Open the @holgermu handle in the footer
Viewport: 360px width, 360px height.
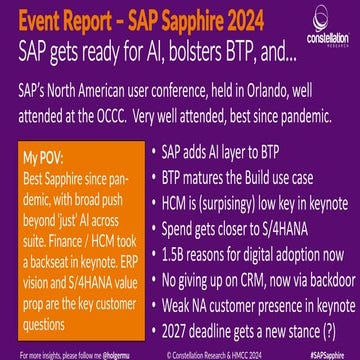pyautogui.click(x=105, y=352)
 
